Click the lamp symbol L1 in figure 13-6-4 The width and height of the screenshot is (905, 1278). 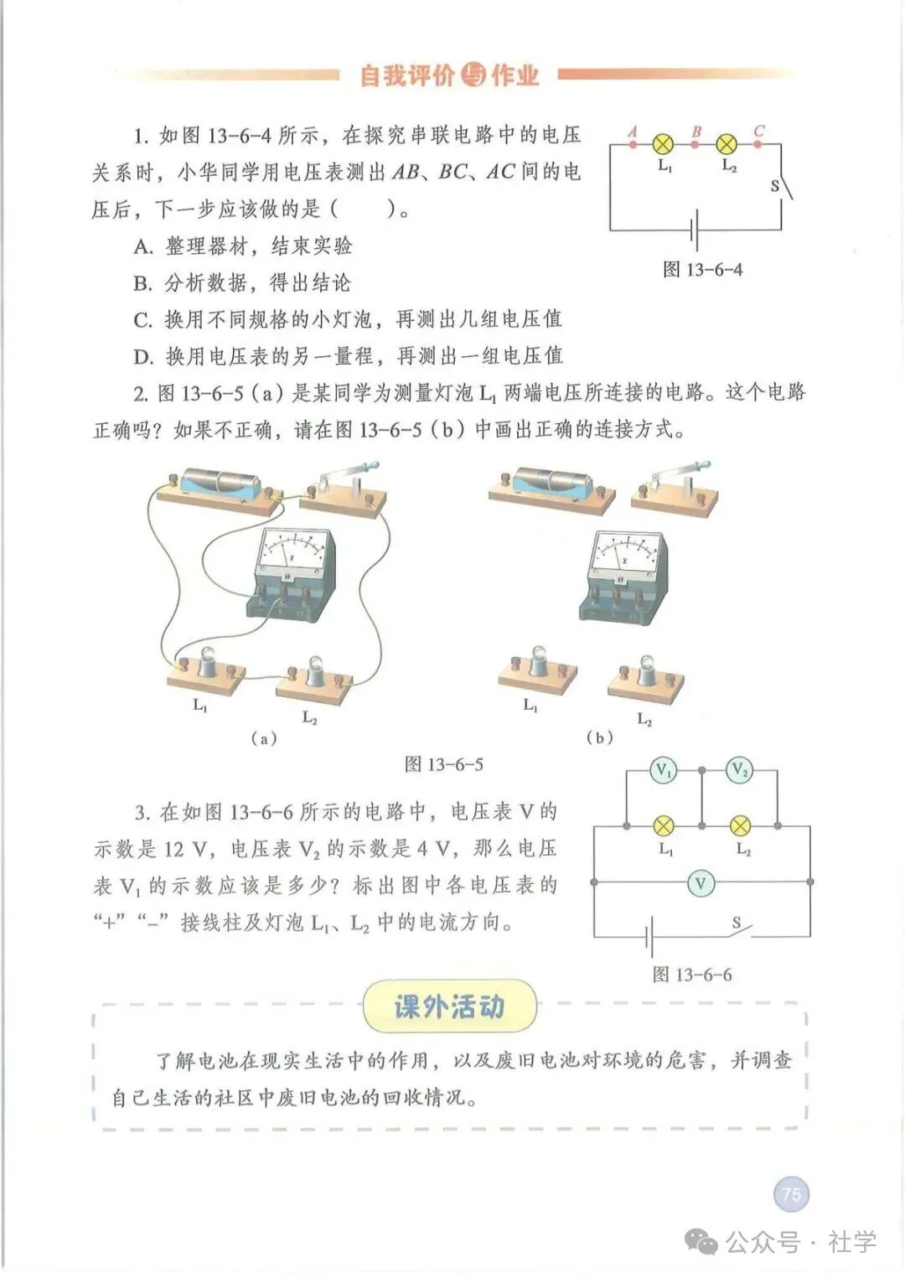(663, 144)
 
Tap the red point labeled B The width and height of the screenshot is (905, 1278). (695, 144)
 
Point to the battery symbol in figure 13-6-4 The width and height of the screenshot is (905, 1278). (694, 230)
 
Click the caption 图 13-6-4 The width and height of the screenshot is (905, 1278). (702, 270)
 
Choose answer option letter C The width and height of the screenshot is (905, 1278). (142, 320)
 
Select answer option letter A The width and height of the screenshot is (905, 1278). (142, 246)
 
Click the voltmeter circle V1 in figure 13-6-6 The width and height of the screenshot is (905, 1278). (665, 770)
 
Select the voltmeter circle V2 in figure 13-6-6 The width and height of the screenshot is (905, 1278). (739, 770)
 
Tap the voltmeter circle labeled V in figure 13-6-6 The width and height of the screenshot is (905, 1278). (701, 882)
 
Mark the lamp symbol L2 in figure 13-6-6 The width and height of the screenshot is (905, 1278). (740, 826)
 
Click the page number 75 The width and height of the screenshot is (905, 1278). (791, 1193)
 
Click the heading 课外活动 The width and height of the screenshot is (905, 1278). (449, 1006)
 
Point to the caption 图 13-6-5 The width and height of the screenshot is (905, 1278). (443, 764)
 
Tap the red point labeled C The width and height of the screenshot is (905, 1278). (758, 144)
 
